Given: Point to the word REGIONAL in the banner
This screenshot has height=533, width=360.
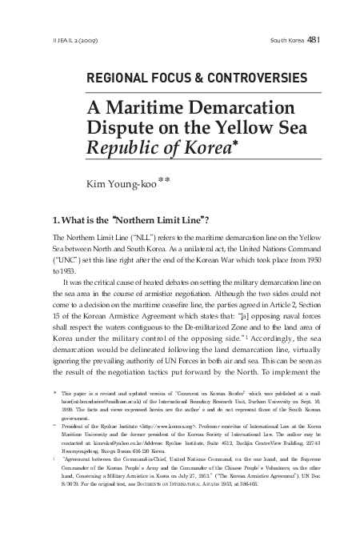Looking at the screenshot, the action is pos(111,78).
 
